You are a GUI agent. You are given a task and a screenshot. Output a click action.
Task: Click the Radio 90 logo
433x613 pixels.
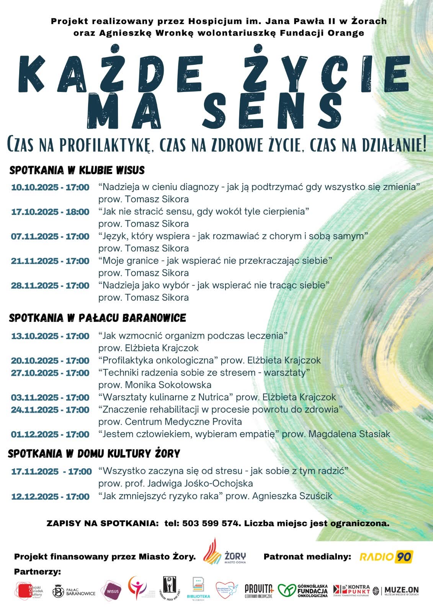coord(386,556)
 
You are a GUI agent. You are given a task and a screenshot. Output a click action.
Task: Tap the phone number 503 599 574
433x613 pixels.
coord(210,523)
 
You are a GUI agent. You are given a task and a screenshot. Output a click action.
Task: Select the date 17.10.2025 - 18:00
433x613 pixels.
coord(50,212)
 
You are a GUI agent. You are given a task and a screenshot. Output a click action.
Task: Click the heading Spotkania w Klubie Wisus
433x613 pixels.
coord(77,170)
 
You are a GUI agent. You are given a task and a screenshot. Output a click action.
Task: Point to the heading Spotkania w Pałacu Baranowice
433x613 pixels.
coord(97,318)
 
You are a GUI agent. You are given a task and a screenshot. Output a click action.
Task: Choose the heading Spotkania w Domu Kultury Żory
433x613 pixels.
coord(94,454)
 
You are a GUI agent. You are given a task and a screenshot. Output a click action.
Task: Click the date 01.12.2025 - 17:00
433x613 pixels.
coord(50,434)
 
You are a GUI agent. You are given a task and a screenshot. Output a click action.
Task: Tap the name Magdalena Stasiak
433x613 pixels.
coord(349,434)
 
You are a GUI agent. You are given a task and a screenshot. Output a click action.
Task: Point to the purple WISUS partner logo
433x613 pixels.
coord(111,591)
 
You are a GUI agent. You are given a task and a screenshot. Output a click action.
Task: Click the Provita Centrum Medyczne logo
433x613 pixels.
coord(259,591)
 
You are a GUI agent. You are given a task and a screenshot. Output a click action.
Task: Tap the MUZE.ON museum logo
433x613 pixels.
coord(396,591)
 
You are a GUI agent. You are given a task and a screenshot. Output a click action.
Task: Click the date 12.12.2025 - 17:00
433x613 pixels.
coord(50,497)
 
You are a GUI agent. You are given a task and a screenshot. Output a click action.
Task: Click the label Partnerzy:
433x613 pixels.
coord(38,572)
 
